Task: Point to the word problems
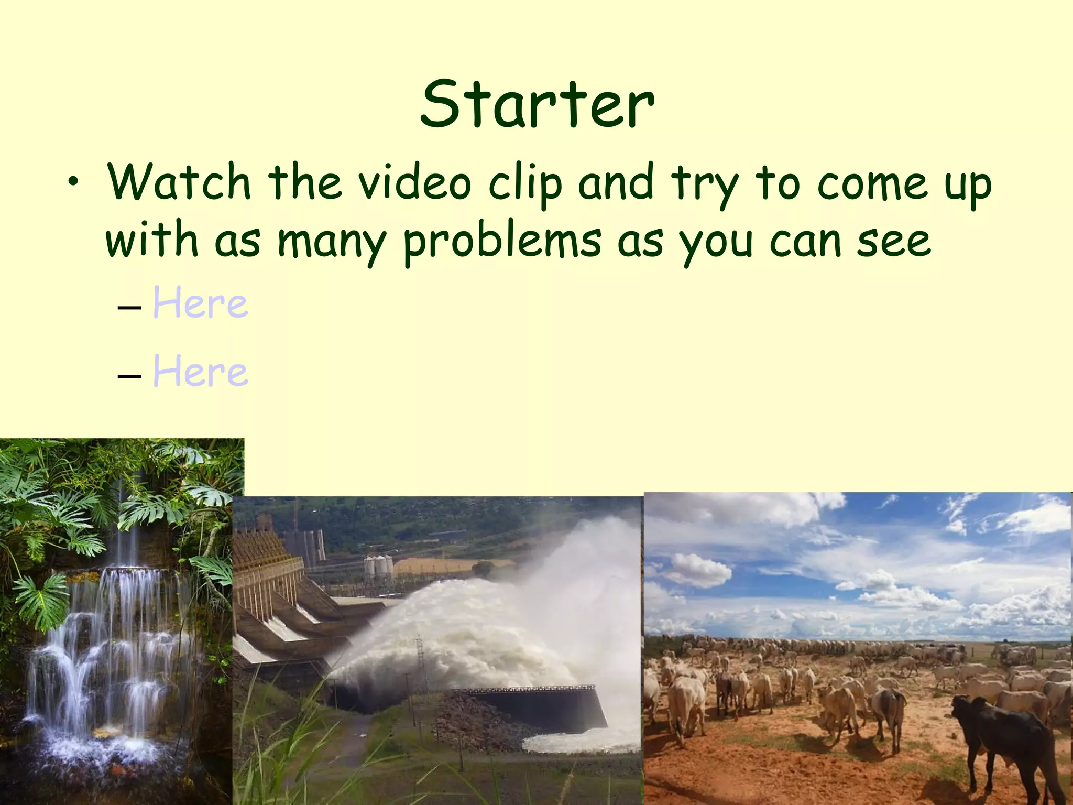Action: (x=502, y=242)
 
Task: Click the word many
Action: (x=331, y=242)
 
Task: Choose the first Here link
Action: (x=200, y=303)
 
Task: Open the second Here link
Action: (x=200, y=372)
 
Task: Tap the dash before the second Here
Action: (x=129, y=375)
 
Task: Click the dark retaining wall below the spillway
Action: (x=545, y=708)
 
